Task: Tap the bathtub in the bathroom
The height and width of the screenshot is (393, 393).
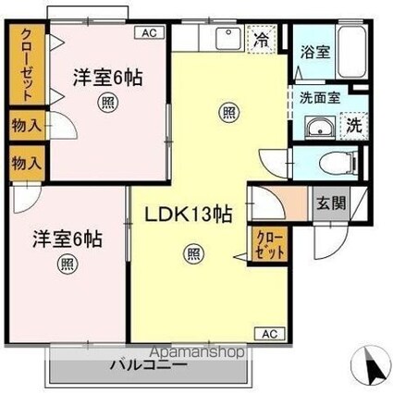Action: tap(349, 51)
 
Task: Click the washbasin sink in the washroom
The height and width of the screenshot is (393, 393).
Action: tap(319, 128)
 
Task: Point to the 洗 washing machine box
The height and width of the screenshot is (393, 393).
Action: tap(352, 125)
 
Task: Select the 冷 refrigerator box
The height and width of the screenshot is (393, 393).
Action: tap(263, 40)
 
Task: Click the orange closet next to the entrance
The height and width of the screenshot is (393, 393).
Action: tap(272, 242)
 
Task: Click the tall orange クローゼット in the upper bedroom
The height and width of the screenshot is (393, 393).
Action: tap(23, 65)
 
